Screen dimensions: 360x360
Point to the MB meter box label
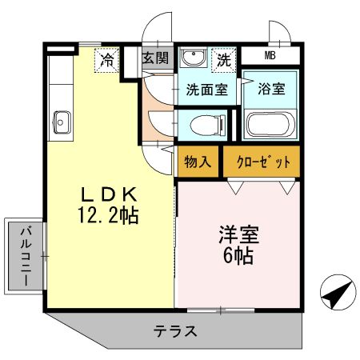pyautogui.click(x=272, y=55)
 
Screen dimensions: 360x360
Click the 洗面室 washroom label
pyautogui.click(x=207, y=89)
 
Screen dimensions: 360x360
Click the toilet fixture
pyautogui.click(x=209, y=125)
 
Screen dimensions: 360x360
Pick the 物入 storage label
pyautogui.click(x=198, y=161)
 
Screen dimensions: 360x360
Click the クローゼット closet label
pyautogui.click(x=263, y=161)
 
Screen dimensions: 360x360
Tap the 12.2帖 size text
pyautogui.click(x=111, y=216)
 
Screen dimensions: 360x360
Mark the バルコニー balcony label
pyautogui.click(x=25, y=256)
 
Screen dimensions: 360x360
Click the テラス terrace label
pyautogui.click(x=174, y=330)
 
